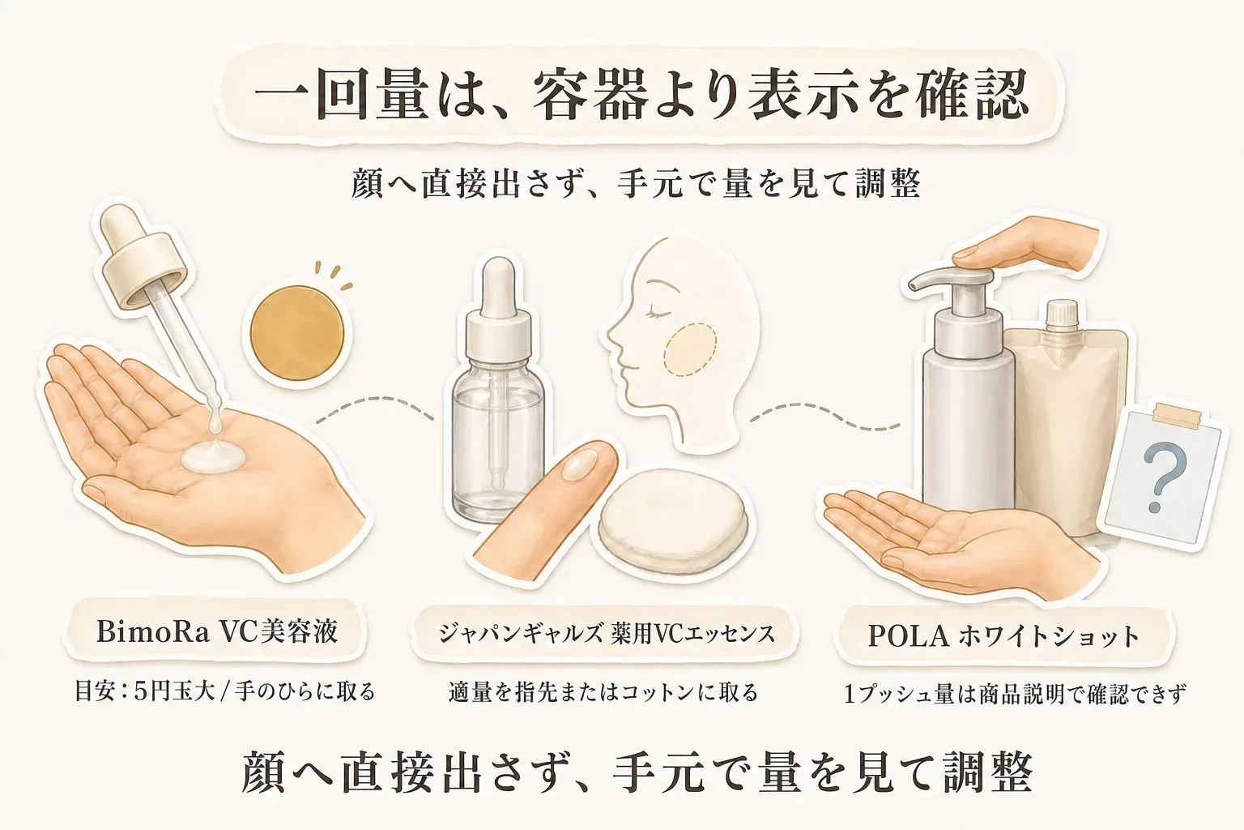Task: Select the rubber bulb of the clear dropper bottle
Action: tap(499, 284)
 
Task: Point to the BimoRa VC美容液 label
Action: tap(216, 632)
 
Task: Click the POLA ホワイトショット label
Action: tap(1003, 637)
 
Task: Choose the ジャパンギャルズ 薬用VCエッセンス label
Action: tap(607, 634)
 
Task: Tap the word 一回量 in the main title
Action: tap(342, 95)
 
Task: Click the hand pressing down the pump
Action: tap(1028, 245)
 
